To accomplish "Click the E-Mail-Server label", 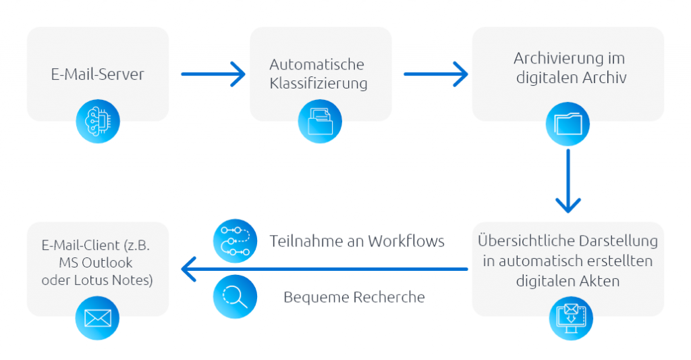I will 97,74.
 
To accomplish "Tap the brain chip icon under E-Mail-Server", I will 97,122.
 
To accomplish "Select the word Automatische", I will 316,65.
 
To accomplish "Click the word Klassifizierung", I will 319,84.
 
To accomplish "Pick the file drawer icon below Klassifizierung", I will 320,122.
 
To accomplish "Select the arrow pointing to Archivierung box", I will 436,74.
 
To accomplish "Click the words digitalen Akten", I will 568,279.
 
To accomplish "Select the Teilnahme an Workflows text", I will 357,241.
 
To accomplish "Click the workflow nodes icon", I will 235,241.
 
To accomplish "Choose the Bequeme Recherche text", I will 354,297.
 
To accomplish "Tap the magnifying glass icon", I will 235,297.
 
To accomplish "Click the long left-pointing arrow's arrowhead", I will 189,269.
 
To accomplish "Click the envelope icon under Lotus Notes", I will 97,317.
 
